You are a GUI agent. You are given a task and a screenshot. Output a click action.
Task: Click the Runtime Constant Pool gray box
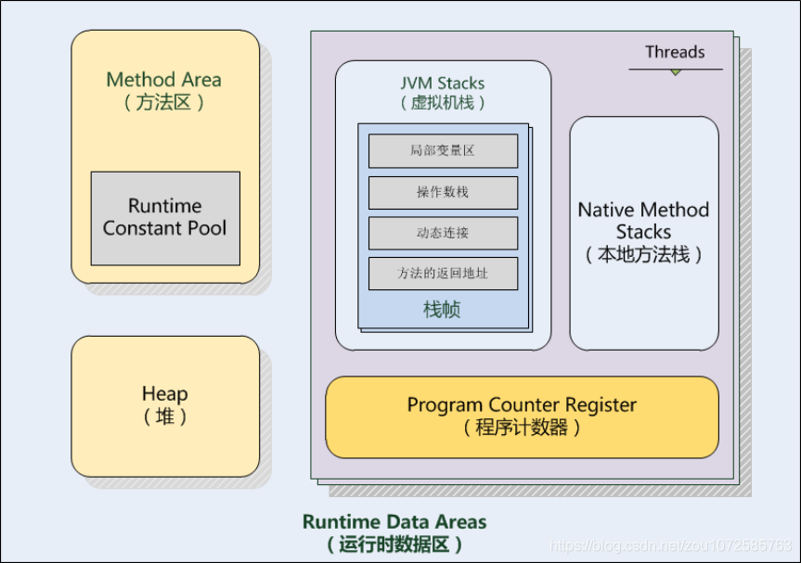(x=165, y=218)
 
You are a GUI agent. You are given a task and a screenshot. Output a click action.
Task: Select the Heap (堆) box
(x=165, y=405)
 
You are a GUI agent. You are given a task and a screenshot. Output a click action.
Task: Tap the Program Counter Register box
(x=522, y=416)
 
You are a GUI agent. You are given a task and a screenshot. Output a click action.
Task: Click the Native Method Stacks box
(x=643, y=233)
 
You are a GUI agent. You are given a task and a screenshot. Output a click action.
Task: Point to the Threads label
(x=675, y=53)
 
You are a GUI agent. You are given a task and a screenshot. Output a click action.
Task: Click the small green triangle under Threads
(x=676, y=71)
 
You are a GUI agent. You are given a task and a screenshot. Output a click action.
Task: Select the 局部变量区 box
(x=443, y=150)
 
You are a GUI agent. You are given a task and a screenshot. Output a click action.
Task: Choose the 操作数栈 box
(x=443, y=192)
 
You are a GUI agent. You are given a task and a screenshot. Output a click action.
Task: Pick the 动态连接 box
(x=443, y=233)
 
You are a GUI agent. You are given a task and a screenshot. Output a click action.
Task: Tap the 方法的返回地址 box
(x=443, y=274)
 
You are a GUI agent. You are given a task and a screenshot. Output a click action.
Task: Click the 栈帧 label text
(x=443, y=310)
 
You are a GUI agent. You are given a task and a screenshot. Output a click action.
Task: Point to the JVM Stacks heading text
(x=443, y=83)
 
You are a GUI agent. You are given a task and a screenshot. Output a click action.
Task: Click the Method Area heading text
(x=164, y=80)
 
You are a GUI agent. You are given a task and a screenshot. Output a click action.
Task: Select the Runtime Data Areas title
(x=394, y=522)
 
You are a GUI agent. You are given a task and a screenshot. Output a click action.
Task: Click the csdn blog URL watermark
(x=671, y=545)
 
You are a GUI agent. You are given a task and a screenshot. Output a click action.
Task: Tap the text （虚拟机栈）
(x=443, y=103)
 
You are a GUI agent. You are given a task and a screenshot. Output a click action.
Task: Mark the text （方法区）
(x=164, y=102)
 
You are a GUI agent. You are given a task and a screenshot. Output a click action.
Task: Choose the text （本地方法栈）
(x=643, y=255)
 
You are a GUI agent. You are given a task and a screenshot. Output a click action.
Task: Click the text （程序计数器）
(x=522, y=429)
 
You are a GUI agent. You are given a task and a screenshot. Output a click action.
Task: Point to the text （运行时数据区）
(x=394, y=545)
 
